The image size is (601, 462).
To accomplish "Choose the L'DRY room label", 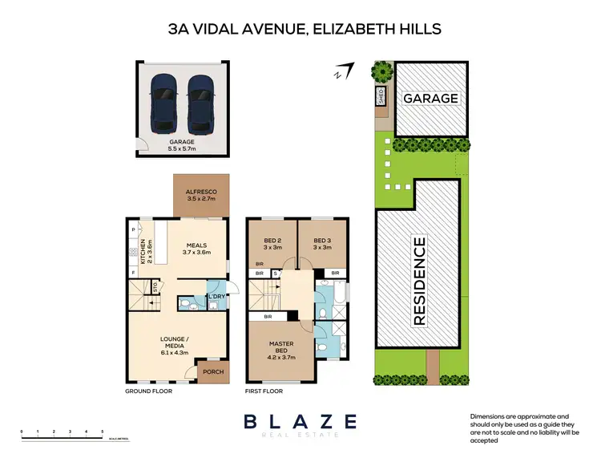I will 215,298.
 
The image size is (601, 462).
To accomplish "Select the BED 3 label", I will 323,244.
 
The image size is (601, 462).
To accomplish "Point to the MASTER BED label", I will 280,351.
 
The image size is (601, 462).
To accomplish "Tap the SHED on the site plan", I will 380,97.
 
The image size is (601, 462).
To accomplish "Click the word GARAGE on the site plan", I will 431,98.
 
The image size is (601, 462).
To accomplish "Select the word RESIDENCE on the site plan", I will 417,280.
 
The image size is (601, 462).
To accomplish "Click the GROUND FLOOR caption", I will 148,391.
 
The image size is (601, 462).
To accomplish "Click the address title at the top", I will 305,30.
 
